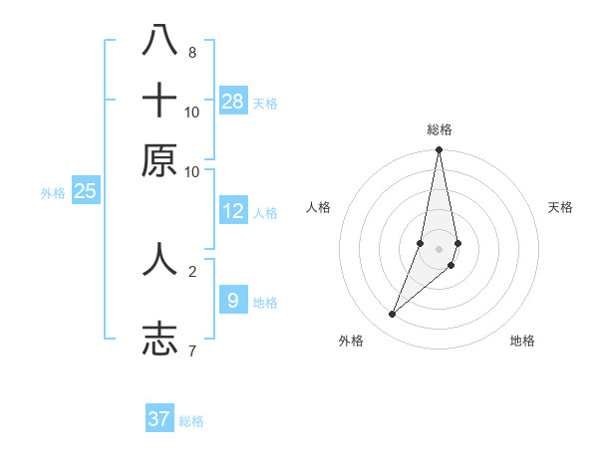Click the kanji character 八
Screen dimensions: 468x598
coord(159,41)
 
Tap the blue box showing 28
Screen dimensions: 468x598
coord(233,102)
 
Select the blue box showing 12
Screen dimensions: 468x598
coord(233,211)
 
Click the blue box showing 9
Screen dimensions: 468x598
coord(233,301)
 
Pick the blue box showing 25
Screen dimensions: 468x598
coord(85,191)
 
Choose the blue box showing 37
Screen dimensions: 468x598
coord(159,419)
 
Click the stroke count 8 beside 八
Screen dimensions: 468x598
coord(192,52)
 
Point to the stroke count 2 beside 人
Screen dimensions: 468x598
coord(192,270)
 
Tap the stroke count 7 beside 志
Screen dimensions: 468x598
coord(192,351)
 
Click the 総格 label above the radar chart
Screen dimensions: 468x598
coord(439,130)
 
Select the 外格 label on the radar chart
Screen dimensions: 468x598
coord(351,342)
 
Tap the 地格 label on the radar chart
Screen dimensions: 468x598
coord(522,342)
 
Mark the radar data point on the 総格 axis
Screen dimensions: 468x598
coord(439,150)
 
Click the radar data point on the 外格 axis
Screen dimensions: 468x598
coord(393,315)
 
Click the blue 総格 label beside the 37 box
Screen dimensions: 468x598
coord(191,421)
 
